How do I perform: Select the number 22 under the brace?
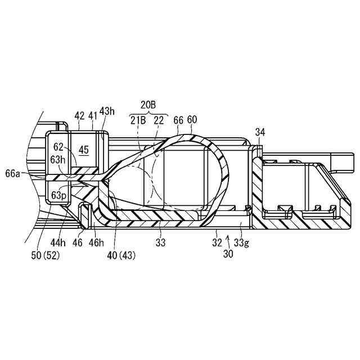[x=160, y=120]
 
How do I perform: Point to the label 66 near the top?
[x=179, y=120]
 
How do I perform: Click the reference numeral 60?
[x=193, y=120]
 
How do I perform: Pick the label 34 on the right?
[x=260, y=132]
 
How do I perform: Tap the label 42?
[x=80, y=116]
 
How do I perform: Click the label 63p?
[x=58, y=195]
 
